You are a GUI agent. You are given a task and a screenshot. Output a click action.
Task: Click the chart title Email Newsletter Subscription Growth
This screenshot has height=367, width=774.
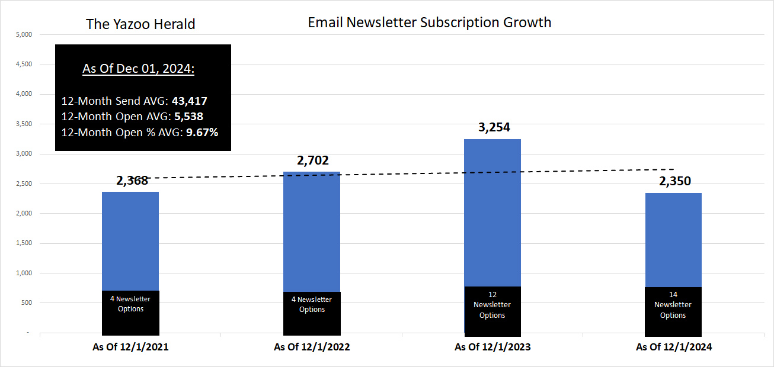coord(429,22)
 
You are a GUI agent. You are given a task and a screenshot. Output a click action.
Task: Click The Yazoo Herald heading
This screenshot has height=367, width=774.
coord(140,24)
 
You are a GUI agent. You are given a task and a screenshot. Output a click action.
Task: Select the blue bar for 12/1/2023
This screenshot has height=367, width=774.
coord(492,213)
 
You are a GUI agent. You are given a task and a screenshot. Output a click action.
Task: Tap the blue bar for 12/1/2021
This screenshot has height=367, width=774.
coord(130,241)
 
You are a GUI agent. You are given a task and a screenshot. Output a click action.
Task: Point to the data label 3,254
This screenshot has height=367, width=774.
coord(494,127)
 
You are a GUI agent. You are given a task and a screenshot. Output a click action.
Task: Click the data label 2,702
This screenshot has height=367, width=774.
coord(312,160)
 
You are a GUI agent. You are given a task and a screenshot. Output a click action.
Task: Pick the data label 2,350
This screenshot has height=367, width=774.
coord(674,181)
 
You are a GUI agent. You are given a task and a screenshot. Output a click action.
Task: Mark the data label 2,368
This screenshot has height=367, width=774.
coord(132,181)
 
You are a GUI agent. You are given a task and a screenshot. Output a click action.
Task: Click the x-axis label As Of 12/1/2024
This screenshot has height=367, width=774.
coord(673,347)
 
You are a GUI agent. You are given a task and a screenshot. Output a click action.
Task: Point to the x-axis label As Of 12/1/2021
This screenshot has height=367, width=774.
coord(130,347)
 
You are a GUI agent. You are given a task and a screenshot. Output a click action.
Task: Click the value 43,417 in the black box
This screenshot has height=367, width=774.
coord(189,101)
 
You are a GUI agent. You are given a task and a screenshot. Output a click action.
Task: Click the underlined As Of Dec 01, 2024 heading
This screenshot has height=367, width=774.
coord(138,69)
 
